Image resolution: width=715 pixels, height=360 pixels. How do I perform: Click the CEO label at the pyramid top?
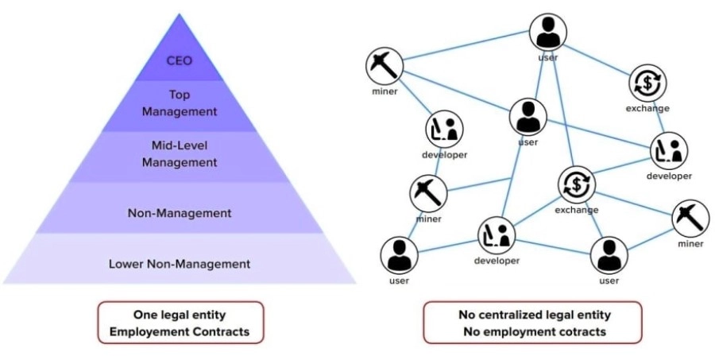(x=179, y=60)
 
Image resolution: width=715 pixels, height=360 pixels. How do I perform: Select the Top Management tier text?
(x=179, y=103)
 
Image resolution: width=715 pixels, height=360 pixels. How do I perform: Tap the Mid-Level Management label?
(x=179, y=153)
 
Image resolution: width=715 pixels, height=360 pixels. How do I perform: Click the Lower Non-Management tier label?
(x=180, y=263)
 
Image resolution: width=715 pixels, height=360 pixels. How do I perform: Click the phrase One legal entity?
(x=180, y=314)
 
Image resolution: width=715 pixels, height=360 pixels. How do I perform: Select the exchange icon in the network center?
(x=576, y=185)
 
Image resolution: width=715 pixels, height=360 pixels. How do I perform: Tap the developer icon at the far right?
(x=668, y=151)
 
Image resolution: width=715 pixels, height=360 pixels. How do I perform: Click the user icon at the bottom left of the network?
(x=399, y=254)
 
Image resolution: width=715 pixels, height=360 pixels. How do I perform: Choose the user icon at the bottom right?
(x=609, y=255)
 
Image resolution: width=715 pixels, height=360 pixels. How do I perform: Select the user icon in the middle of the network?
(x=528, y=118)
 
